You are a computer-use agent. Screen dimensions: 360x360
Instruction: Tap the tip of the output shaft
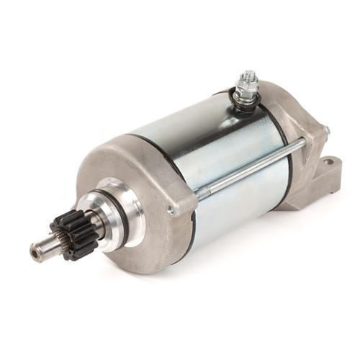36,251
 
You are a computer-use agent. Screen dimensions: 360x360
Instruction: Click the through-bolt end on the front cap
170,210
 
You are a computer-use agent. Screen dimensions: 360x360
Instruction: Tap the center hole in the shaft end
34,252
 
